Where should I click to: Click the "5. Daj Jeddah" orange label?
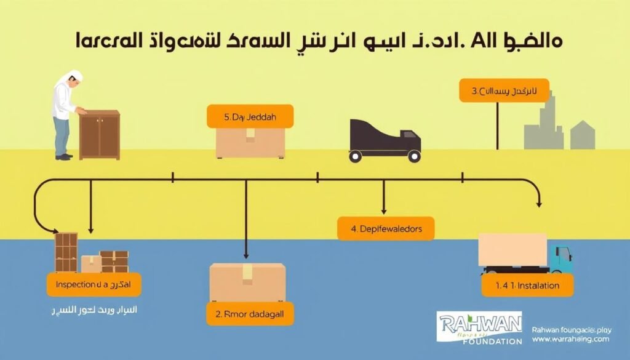(249, 116)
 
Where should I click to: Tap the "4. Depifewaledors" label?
(386, 228)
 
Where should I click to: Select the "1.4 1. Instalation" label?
(526, 285)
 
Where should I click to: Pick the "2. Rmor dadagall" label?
(250, 313)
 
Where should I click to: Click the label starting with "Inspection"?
(94, 284)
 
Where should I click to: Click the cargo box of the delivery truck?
(512, 249)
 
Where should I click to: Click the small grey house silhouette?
(582, 135)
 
